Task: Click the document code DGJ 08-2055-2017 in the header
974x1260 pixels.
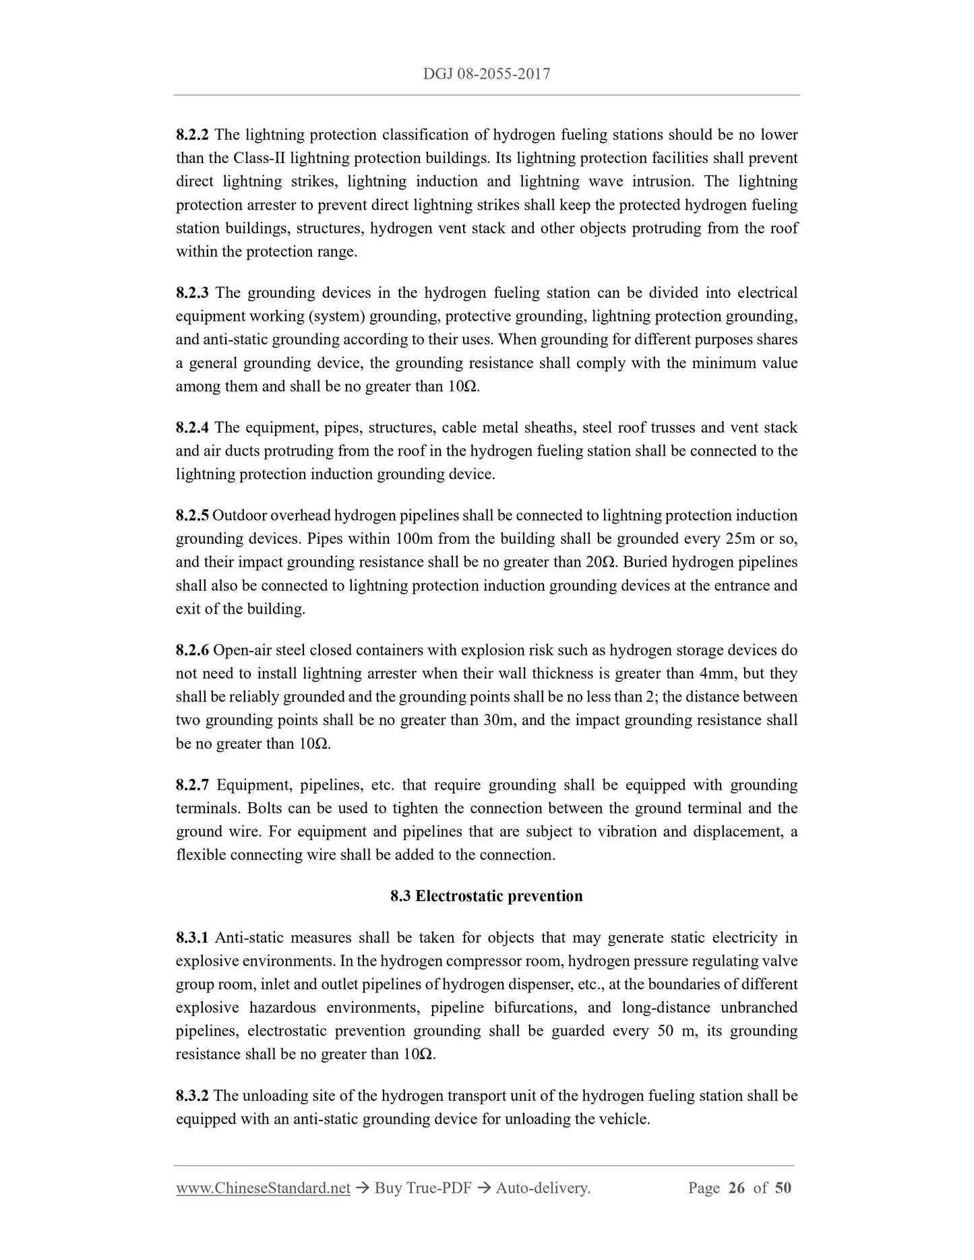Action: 486,74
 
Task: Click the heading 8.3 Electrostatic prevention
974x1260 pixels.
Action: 486,896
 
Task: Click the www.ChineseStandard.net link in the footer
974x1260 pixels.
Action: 263,1189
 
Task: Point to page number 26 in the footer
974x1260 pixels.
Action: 737,1189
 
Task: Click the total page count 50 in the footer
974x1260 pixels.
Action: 783,1189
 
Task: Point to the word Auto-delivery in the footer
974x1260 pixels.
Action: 543,1189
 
